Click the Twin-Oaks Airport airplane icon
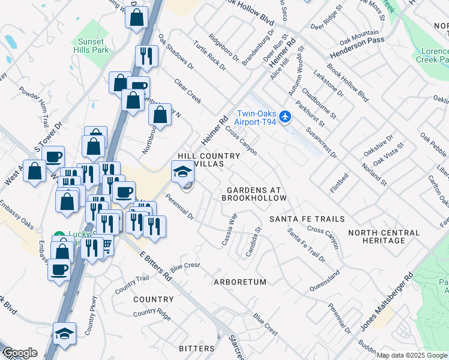(286, 116)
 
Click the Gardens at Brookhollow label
(253, 193)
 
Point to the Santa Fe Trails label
(307, 219)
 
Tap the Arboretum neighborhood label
(240, 281)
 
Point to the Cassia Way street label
(229, 229)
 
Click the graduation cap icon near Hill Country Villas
(182, 172)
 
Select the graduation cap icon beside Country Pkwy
(65, 333)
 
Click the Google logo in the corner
(19, 353)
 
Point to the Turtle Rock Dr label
(208, 53)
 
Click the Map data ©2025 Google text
(412, 355)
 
